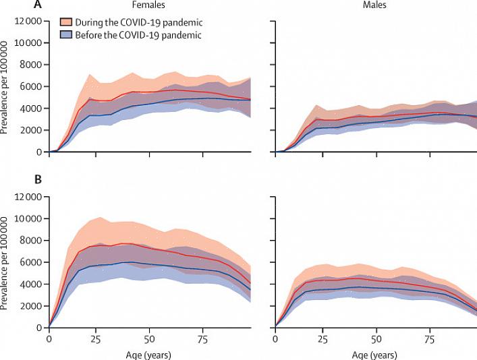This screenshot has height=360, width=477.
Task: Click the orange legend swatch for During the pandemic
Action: (x=66, y=22)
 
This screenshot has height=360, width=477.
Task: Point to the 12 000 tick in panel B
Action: (x=28, y=197)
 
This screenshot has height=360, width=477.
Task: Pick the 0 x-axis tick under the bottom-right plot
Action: (x=275, y=337)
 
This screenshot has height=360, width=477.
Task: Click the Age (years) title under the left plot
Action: (x=149, y=352)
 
